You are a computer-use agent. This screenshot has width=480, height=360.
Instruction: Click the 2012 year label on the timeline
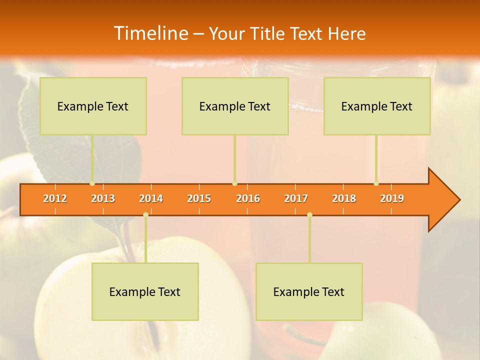(55, 198)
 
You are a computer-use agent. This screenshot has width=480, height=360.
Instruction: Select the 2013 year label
(103, 198)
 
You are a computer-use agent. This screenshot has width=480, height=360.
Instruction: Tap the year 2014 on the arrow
(151, 198)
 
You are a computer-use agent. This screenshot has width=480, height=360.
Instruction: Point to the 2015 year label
(199, 198)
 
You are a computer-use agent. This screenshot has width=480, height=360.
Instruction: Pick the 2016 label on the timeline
(248, 198)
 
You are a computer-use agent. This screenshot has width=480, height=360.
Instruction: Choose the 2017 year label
(296, 198)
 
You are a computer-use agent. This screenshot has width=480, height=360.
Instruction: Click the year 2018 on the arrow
(344, 198)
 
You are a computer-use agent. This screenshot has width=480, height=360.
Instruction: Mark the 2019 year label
(392, 198)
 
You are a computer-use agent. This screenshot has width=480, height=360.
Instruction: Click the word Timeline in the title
(150, 33)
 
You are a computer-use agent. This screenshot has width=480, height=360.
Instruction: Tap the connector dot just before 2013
(92, 183)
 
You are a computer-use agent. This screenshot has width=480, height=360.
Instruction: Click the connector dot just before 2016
(234, 183)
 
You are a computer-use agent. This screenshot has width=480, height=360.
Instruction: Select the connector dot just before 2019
(376, 183)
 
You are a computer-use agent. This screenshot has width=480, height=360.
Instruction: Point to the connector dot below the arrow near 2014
(145, 214)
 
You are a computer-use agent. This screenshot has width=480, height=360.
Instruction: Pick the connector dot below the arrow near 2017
(309, 214)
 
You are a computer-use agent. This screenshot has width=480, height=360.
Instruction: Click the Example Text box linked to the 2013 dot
(93, 106)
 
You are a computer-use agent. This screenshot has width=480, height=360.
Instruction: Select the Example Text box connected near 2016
(235, 106)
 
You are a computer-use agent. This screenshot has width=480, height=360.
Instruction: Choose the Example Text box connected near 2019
(377, 106)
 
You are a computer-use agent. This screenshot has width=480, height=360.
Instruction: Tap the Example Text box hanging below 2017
(309, 291)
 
